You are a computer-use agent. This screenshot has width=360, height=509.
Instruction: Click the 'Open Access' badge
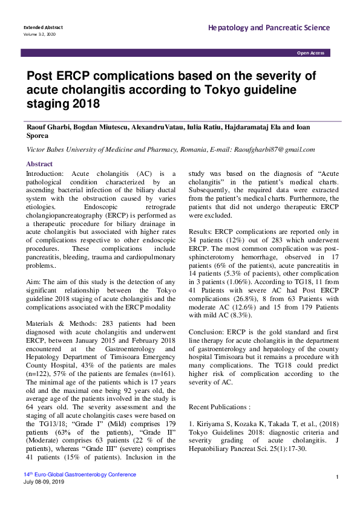pyautogui.click(x=310, y=53)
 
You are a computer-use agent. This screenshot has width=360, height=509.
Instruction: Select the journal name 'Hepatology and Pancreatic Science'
pyautogui.click(x=269, y=28)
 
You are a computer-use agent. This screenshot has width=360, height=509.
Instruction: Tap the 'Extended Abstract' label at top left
pyautogui.click(x=43, y=28)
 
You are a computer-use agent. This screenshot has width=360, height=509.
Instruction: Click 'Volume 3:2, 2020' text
pyautogui.click(x=39, y=34)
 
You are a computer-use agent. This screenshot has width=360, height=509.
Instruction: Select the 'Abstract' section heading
pyautogui.click(x=39, y=164)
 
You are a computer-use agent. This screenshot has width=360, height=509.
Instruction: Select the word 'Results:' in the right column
pyautogui.click(x=201, y=232)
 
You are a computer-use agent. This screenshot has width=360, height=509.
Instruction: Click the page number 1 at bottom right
pyautogui.click(x=336, y=478)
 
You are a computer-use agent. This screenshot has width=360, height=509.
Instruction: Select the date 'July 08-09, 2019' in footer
pyautogui.click(x=44, y=481)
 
